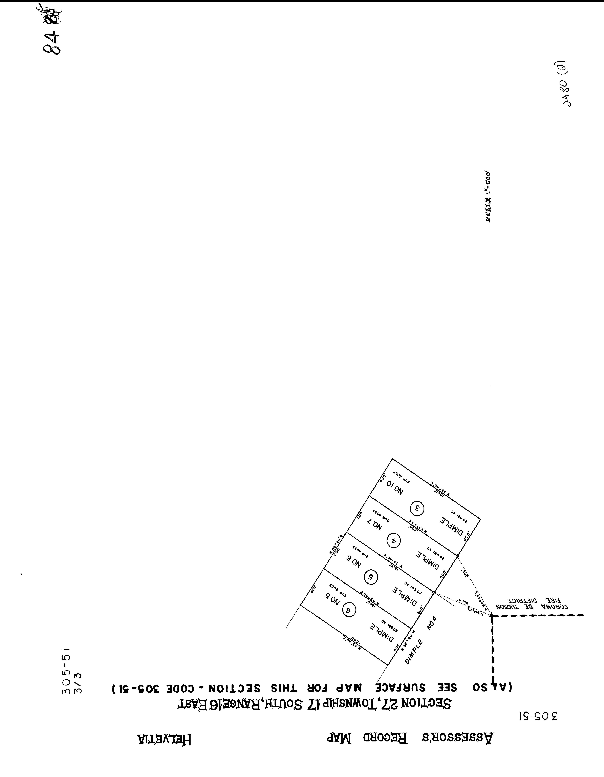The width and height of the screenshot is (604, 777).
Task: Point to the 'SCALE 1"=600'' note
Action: (x=489, y=197)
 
